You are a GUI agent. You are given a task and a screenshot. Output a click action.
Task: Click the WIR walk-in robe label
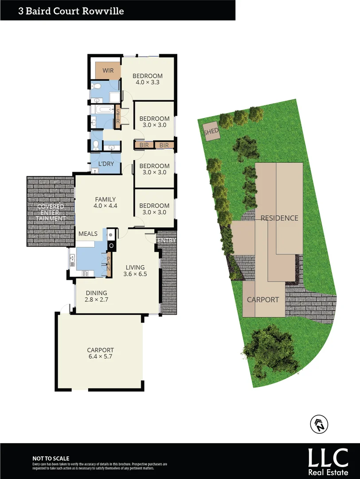[108, 71]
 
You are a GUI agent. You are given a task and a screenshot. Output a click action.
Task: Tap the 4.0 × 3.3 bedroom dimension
[148, 82]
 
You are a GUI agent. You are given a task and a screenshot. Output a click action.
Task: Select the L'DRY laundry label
[106, 164]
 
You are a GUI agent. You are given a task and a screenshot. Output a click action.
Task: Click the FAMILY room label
[105, 200]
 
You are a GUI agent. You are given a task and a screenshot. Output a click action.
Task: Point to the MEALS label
[88, 233]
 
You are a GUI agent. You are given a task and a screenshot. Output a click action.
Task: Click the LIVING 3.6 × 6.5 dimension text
[135, 274]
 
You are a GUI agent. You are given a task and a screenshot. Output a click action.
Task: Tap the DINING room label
[97, 293]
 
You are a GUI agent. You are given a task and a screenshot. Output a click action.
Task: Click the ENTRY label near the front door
[167, 240]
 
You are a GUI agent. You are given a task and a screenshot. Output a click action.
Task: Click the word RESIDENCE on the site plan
[279, 218]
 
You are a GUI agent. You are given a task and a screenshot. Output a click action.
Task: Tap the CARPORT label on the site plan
[263, 300]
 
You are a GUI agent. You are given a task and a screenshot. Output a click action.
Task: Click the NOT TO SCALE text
[51, 459]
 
